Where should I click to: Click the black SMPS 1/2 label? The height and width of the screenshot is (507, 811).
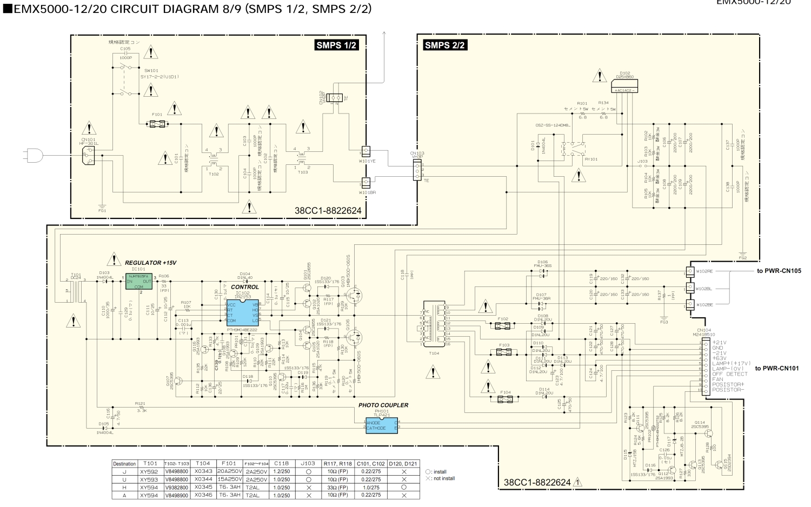click(336, 45)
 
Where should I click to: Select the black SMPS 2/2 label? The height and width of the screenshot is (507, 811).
click(445, 45)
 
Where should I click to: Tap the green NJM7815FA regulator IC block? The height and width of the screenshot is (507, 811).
click(139, 282)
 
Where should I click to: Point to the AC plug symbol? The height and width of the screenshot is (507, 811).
click(32, 155)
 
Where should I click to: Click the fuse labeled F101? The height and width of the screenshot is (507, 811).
click(157, 124)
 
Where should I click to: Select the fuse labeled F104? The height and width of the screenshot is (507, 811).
click(506, 399)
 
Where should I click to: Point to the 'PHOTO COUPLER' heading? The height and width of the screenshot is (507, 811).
click(383, 405)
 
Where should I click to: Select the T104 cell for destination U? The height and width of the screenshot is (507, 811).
click(203, 479)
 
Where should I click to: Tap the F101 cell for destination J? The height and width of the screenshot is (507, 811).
click(229, 472)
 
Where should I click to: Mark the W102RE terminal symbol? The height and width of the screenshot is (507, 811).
click(690, 271)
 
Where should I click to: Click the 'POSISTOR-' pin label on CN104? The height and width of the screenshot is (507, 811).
click(728, 390)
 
